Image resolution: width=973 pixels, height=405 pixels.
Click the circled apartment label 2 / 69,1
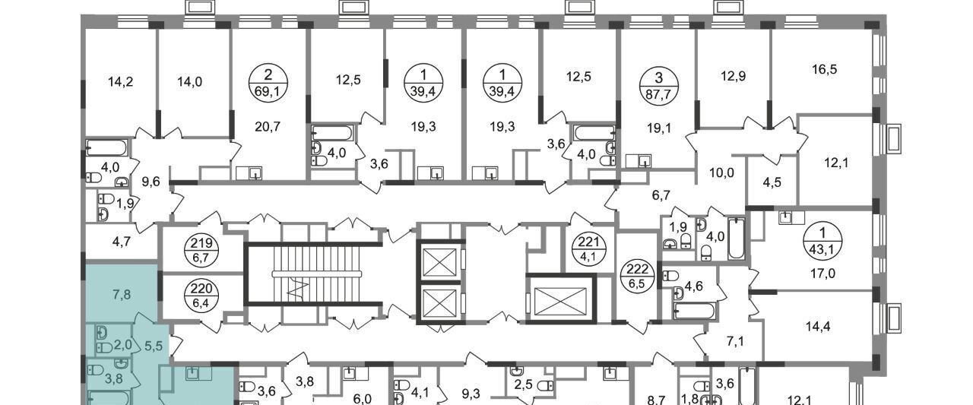coord(268,83)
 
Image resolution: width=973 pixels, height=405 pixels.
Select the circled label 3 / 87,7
coord(658,86)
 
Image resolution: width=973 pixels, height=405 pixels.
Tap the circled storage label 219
coord(201,250)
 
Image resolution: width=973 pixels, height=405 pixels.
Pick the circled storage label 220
coord(201,295)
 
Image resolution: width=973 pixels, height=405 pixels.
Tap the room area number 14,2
coord(120,81)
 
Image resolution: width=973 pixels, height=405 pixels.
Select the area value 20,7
coord(268,127)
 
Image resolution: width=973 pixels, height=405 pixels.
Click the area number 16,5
coord(824,69)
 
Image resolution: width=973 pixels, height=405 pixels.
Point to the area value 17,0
coord(822,274)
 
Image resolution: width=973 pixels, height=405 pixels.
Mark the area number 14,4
coord(818,326)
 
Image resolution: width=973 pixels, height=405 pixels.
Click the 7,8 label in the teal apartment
coord(122,295)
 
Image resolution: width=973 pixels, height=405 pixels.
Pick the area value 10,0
coord(721,172)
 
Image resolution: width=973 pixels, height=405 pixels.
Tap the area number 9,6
coord(151,182)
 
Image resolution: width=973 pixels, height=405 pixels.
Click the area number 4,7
coord(122,242)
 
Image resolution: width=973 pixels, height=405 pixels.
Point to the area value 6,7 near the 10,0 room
coord(661,195)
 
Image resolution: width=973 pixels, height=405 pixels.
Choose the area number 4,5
coord(772,182)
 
